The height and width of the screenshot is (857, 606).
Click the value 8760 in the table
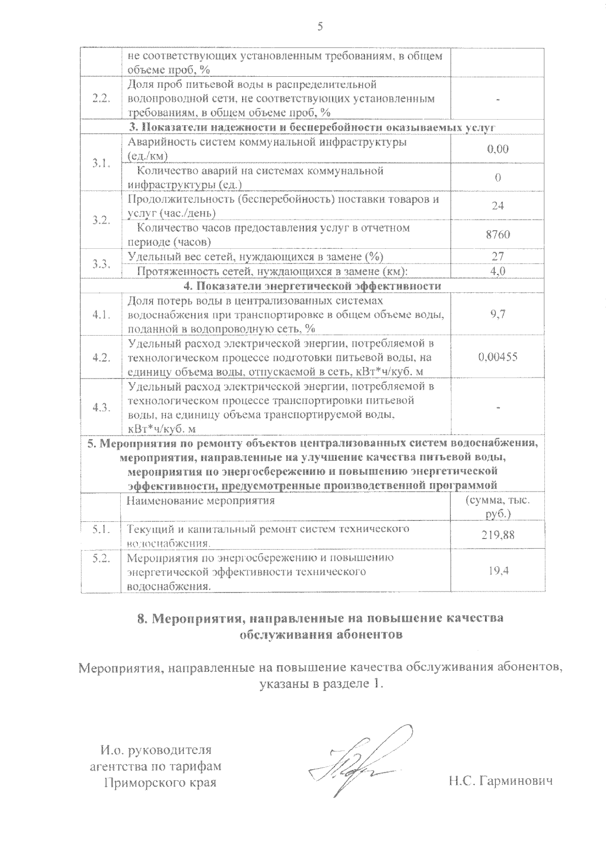tap(497, 235)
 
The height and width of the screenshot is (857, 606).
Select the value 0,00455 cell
tap(497, 357)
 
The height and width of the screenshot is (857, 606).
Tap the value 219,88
tap(497, 535)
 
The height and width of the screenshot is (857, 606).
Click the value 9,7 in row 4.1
tap(497, 314)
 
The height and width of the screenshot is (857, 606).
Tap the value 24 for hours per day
tap(497, 206)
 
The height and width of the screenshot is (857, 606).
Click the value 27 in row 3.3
tap(497, 256)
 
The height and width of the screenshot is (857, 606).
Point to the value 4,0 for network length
tap(497, 272)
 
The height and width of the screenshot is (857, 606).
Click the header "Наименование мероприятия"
tap(200, 501)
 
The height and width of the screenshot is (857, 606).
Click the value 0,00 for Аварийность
tap(497, 149)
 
